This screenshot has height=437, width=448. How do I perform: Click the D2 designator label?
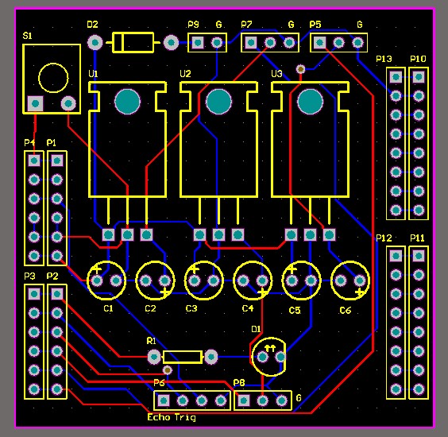click(x=93, y=25)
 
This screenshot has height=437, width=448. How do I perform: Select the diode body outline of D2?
click(x=133, y=42)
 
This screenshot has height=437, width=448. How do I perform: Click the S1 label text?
click(x=28, y=37)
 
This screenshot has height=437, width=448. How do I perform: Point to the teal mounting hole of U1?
click(x=127, y=101)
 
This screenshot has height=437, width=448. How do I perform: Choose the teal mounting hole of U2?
click(x=218, y=101)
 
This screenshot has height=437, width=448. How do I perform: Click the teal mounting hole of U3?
click(x=310, y=101)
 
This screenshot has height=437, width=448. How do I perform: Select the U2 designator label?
click(x=185, y=74)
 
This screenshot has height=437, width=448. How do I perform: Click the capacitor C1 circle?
click(x=107, y=280)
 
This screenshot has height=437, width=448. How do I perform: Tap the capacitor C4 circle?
click(x=254, y=280)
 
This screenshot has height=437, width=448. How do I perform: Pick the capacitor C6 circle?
click(x=350, y=280)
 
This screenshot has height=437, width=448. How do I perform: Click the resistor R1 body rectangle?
click(x=183, y=357)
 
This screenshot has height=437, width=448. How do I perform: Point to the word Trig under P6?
click(x=186, y=416)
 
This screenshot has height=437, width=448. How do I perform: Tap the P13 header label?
click(x=384, y=60)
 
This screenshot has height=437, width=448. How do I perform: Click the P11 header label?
click(x=418, y=238)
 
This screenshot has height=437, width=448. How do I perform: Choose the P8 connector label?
click(x=239, y=383)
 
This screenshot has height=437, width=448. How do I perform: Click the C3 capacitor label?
click(x=191, y=308)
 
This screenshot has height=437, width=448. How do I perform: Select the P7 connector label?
click(x=247, y=25)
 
